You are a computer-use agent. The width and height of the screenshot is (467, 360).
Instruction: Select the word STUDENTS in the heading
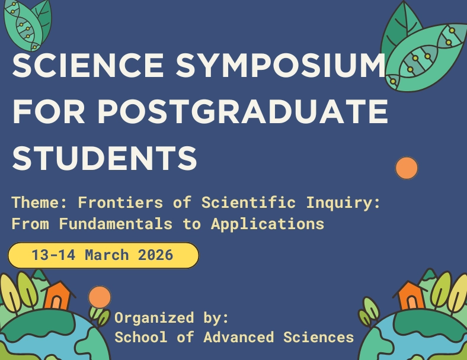104,157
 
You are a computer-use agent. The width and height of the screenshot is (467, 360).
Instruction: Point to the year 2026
155,255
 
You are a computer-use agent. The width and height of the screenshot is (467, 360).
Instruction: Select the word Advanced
238,337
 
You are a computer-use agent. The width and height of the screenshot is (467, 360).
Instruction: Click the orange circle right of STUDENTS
407,168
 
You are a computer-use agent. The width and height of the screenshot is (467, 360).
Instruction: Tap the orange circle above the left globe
100,297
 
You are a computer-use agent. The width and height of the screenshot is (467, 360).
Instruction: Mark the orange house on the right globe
410,295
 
